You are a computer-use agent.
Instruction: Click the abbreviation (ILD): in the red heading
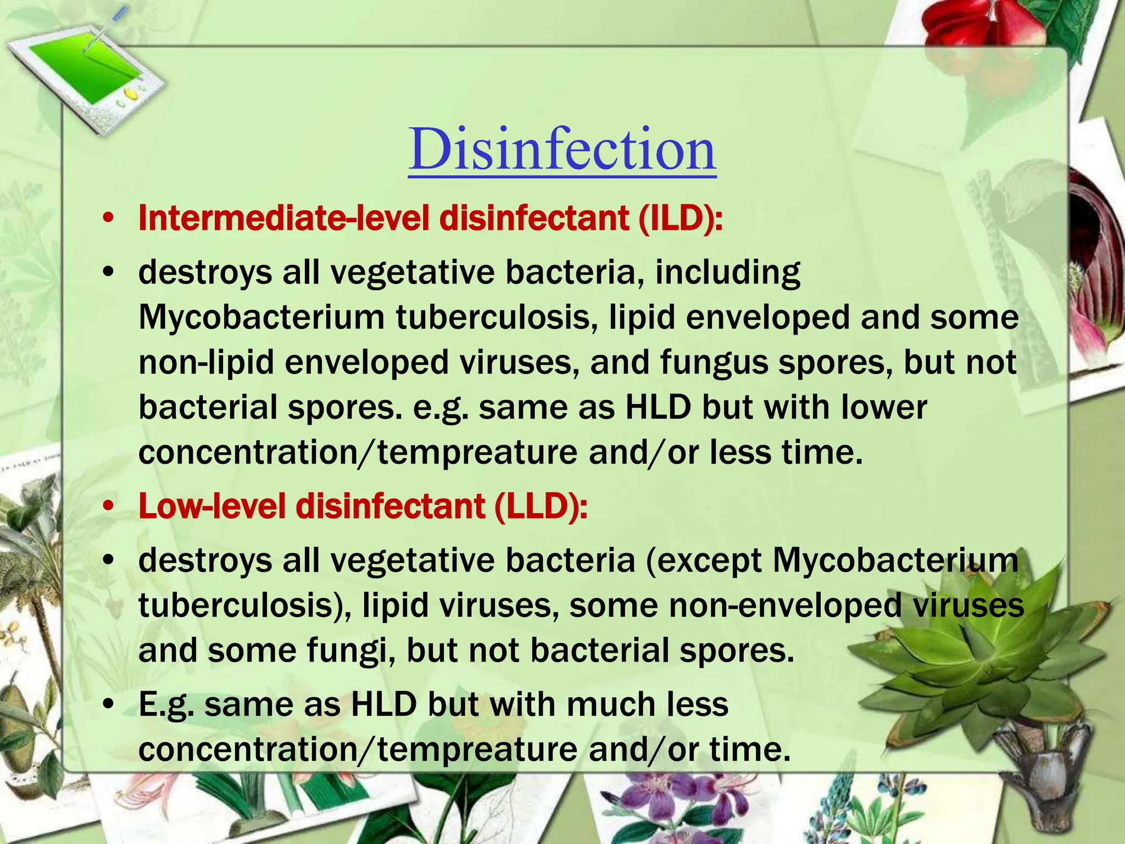pos(680,219)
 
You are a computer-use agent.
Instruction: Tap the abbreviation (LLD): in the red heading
pos(541,506)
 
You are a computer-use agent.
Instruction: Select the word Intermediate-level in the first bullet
pos(283,219)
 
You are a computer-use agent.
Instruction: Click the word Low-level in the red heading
pos(212,506)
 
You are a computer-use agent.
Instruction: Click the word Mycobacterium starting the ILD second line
pos(261,318)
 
